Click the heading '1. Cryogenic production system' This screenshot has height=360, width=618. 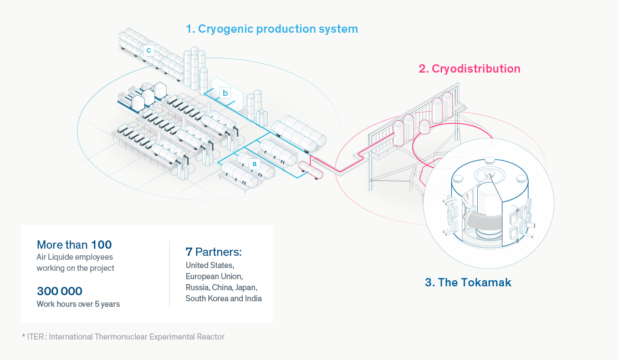point(272,29)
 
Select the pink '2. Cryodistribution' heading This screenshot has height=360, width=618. point(469,69)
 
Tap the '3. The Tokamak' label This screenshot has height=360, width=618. point(468,282)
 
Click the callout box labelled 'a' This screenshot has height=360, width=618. point(254,163)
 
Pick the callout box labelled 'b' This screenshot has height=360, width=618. point(226,93)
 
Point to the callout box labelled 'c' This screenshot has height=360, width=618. point(149,50)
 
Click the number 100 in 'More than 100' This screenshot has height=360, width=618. point(101,245)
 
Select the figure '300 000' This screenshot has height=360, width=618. point(59,291)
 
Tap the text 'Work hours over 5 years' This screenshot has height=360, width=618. point(78,304)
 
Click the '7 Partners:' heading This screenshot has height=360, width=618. point(213,251)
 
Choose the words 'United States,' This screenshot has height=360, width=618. point(210,265)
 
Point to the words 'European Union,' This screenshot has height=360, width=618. point(214,276)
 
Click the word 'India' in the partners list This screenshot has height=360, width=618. point(253,299)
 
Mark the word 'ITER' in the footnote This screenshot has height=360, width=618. point(35,337)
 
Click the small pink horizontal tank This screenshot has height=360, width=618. point(310,170)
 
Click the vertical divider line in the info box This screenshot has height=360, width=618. point(170,274)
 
